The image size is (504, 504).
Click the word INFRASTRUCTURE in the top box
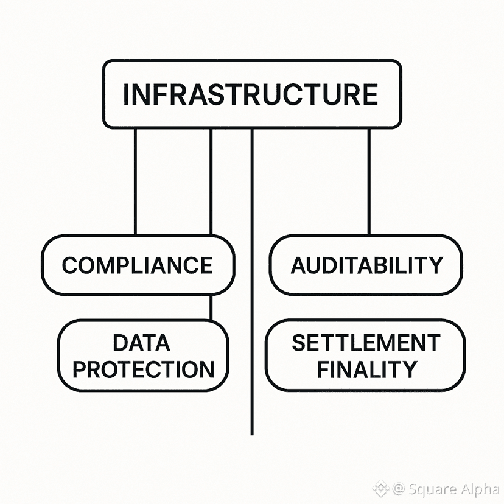pyautogui.click(x=250, y=94)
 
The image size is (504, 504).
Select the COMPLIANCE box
pyautogui.click(x=138, y=265)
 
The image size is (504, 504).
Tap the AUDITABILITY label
pyautogui.click(x=366, y=265)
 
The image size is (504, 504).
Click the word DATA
pyautogui.click(x=141, y=343)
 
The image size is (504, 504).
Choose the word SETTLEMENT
pyautogui.click(x=366, y=343)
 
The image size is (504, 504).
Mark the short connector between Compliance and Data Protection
pyautogui.click(x=211, y=307)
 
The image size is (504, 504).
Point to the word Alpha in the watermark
pyautogui.click(x=477, y=489)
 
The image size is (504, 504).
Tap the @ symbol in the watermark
pyautogui.click(x=399, y=489)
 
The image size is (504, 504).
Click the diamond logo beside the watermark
pyautogui.click(x=381, y=488)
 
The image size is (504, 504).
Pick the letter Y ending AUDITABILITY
pyautogui.click(x=435, y=265)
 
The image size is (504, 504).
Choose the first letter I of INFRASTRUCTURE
pyautogui.click(x=127, y=94)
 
